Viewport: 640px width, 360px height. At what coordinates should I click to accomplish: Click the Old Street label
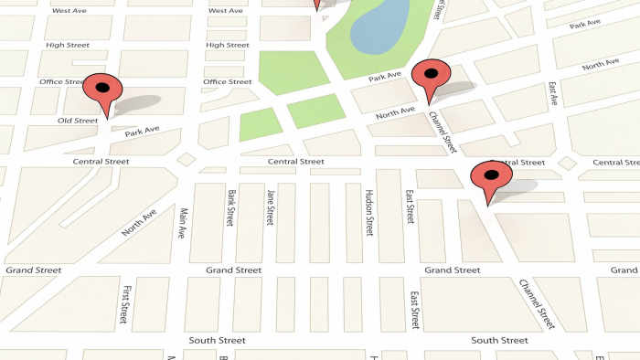click(78, 121)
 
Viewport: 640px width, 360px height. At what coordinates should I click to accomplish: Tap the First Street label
click(123, 304)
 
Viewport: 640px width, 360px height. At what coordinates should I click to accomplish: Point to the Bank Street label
click(232, 207)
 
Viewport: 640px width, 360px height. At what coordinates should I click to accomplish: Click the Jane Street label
click(270, 207)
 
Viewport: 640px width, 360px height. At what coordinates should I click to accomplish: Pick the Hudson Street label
click(368, 213)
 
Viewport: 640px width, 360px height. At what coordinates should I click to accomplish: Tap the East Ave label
click(552, 94)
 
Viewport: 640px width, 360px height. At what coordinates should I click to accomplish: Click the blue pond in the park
click(380, 28)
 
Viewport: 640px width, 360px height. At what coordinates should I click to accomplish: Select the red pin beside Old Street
click(102, 91)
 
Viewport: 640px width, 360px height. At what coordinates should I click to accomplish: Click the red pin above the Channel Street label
click(431, 77)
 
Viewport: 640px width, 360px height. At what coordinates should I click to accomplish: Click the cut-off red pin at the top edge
click(317, 5)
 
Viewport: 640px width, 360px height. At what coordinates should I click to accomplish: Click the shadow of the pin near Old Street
click(137, 102)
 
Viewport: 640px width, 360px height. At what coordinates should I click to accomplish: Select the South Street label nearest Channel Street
click(498, 341)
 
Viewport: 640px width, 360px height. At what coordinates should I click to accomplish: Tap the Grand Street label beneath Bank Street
click(233, 270)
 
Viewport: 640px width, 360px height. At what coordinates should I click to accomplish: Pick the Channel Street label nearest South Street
click(537, 303)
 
